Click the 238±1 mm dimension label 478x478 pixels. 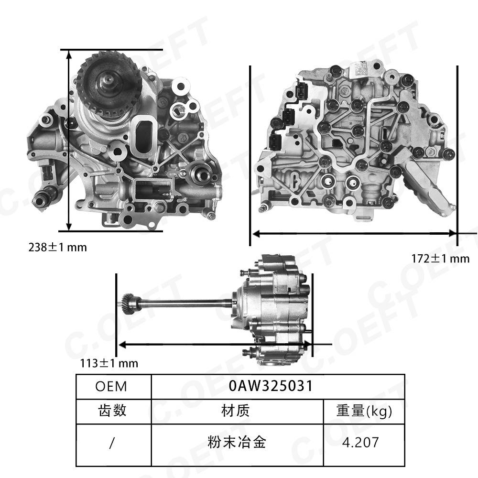pos(58,247)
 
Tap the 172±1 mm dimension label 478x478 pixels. pos(441,259)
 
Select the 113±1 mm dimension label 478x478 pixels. pos(109,363)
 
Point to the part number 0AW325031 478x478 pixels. pos(271,386)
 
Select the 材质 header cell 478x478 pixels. pos(236,411)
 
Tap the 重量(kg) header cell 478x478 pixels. pos(364,411)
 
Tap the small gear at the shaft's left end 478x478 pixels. pos(129,303)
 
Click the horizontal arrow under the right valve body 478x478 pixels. pos(354,233)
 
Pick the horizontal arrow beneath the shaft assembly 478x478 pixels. pos(215,344)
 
